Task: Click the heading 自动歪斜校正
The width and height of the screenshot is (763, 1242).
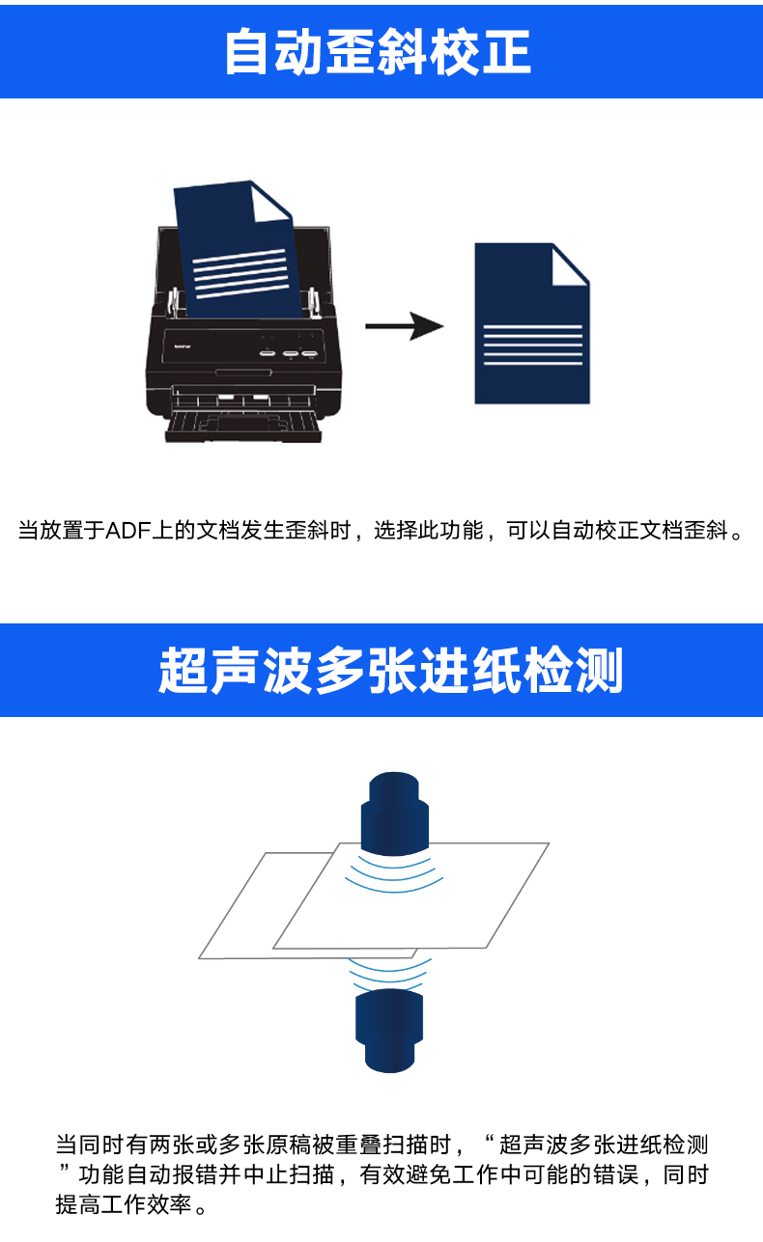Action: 378,52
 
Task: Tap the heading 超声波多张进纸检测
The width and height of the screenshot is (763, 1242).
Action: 390,670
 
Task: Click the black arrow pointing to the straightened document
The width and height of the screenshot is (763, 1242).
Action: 404,326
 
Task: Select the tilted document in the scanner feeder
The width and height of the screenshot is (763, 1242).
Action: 239,250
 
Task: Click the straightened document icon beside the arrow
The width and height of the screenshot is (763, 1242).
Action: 531,323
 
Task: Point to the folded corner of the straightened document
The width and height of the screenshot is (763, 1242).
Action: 571,265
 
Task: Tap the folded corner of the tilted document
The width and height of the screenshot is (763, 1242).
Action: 270,202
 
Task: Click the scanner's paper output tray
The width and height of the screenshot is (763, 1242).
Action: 243,426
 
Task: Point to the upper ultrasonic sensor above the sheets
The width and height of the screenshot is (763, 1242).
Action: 395,812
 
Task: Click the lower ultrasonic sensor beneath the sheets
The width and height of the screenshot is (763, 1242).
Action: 389,1031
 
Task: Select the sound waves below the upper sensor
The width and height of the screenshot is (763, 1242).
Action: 394,873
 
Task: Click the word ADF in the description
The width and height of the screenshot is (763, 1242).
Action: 128,531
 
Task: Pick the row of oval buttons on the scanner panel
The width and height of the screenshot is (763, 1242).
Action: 289,353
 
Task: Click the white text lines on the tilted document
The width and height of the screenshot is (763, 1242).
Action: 240,273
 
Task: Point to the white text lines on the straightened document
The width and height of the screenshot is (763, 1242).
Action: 533,345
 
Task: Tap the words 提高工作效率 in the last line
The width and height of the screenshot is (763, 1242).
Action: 124,1204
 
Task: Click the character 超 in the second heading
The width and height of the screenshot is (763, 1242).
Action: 183,670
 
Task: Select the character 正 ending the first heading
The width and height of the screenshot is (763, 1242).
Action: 507,52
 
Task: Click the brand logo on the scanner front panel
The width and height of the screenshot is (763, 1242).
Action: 182,346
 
